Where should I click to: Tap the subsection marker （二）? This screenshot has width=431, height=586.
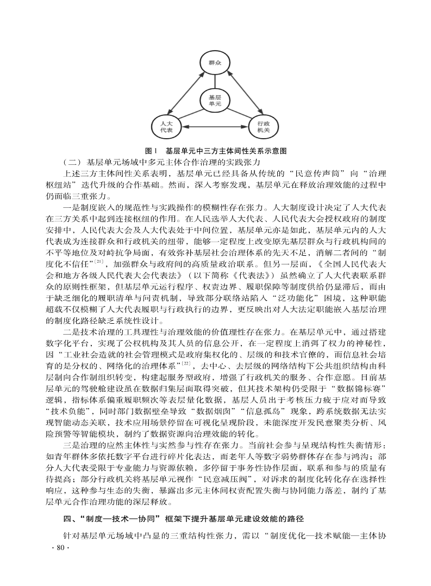click(x=72, y=162)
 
